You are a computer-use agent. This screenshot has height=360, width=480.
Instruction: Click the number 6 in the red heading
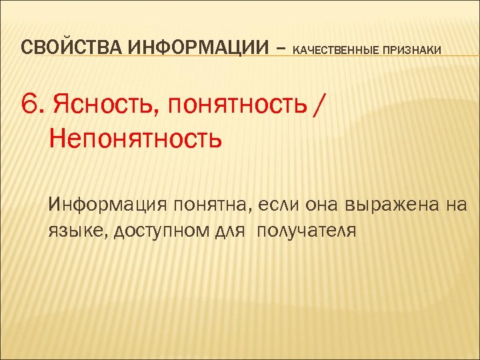point(31,105)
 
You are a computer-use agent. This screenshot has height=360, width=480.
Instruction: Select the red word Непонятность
point(135,140)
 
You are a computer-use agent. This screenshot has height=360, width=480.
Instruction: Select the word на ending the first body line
point(457,205)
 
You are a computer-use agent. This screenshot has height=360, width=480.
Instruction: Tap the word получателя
point(307,231)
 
